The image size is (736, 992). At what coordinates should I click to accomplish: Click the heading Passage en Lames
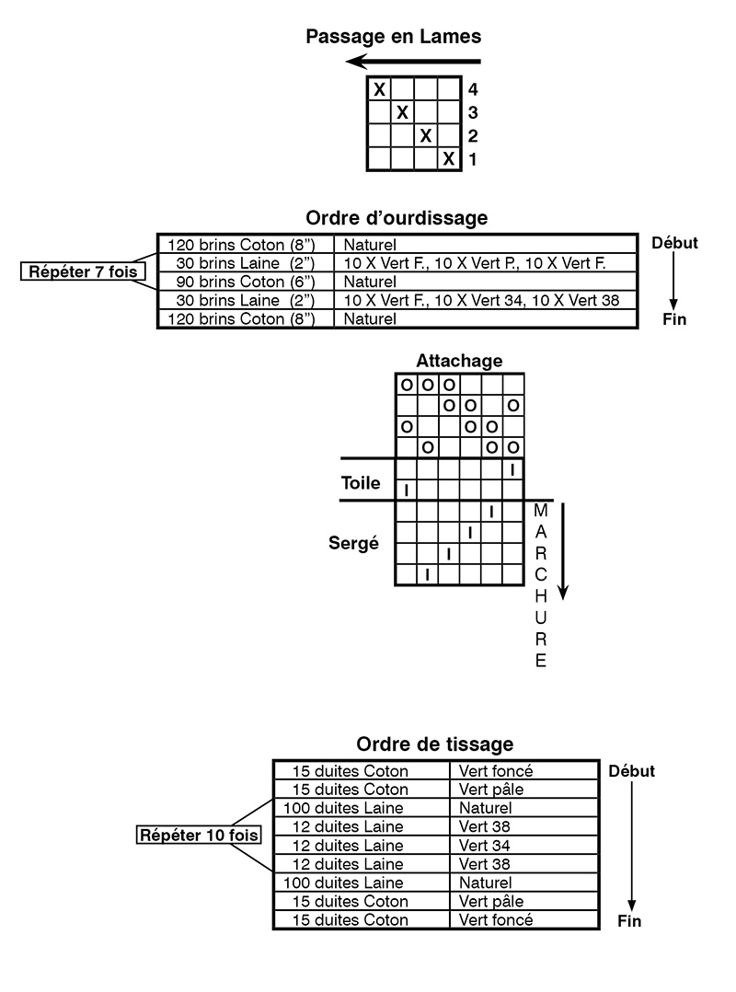pos(393,37)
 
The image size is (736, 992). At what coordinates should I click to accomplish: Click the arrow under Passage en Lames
pos(413,62)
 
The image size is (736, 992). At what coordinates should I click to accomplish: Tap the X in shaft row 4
pos(379,89)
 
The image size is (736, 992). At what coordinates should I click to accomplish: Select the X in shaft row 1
pos(449,158)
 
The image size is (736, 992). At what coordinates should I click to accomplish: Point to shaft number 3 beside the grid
pos(472,112)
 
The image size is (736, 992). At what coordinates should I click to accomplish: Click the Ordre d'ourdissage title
pos(397,217)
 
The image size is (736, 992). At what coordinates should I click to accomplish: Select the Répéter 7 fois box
pos(83,272)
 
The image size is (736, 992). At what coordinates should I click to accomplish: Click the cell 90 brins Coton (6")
pos(246,282)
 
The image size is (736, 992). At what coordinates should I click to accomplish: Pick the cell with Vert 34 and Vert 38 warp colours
pos(486,300)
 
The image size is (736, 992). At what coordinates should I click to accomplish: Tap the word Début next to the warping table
pos(674,243)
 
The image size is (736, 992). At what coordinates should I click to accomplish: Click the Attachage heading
pos(459,361)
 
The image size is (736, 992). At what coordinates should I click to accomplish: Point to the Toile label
pos(361,483)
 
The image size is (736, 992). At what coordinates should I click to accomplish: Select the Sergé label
pos(353,543)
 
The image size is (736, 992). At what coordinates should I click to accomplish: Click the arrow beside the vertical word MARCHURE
pos(563,551)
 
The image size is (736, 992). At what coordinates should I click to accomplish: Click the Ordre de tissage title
pos(435,744)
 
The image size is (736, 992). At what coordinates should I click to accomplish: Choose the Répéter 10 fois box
pos(199,836)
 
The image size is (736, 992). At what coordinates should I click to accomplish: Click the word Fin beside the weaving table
pos(629,921)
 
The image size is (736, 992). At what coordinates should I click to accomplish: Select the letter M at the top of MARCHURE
pos(541,510)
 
